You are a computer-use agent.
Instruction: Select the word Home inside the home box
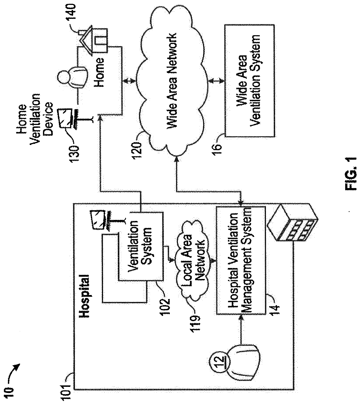tap(99, 72)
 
